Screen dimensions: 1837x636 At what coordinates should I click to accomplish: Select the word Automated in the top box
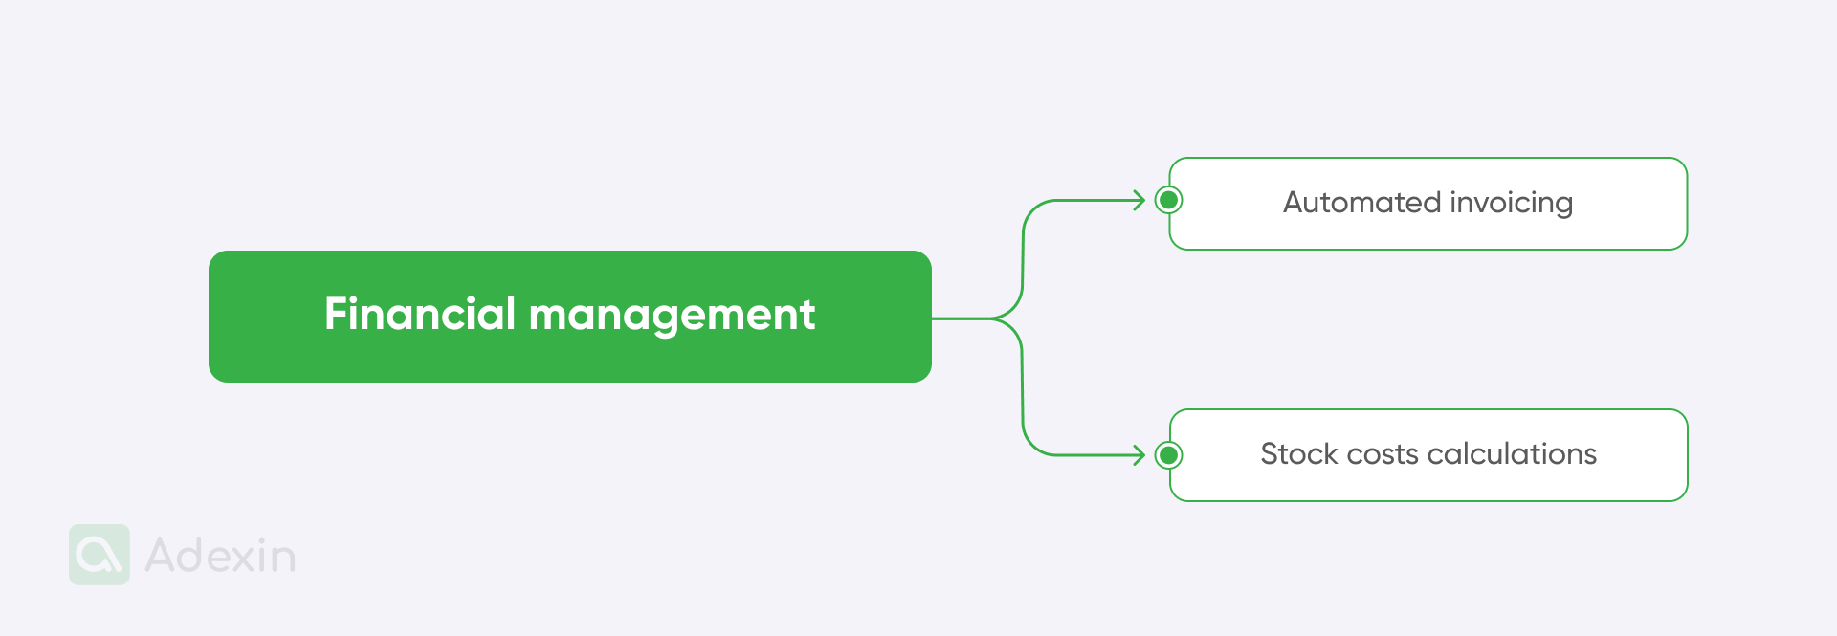click(1361, 203)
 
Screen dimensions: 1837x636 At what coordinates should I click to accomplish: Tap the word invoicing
click(1512, 204)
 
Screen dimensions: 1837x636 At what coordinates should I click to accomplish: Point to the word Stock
click(1298, 454)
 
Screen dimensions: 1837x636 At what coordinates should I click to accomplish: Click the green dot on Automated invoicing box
click(1168, 201)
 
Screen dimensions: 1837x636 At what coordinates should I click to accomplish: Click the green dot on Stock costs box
click(1168, 455)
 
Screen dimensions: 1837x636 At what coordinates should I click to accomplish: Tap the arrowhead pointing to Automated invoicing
click(1140, 201)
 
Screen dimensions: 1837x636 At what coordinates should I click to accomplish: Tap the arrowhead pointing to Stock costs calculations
click(1140, 455)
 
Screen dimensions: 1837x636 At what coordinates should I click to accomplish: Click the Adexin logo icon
click(100, 555)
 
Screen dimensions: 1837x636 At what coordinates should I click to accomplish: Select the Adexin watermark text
click(220, 556)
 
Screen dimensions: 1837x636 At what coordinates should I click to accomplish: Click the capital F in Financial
click(335, 314)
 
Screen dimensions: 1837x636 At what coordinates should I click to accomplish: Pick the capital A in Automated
click(1295, 203)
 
